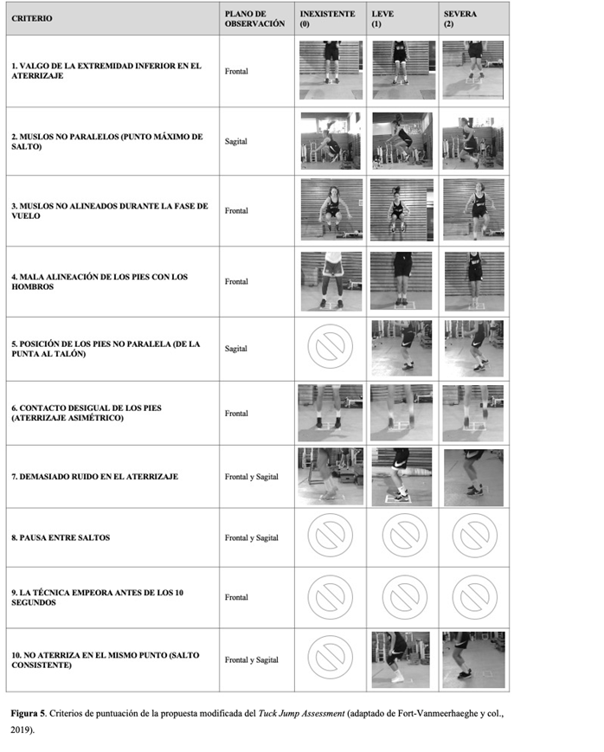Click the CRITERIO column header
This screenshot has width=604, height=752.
coord(32,19)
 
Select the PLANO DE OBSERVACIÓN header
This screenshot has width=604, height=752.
coord(254,19)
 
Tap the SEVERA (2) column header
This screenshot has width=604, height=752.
coord(460,19)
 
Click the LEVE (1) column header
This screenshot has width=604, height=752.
coord(382,19)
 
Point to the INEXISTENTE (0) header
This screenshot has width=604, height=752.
coord(328,19)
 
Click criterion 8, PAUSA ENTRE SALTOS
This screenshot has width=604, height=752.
coord(61,537)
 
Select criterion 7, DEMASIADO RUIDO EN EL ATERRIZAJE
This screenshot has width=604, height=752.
coord(95,477)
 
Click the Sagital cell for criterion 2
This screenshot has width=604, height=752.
coord(236,141)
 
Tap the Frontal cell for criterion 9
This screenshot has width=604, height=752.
coord(236,597)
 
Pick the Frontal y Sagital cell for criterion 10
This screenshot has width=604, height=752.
coord(252,660)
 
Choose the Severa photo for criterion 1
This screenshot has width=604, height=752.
coord(473,70)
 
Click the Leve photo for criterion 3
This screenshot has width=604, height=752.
coord(402,209)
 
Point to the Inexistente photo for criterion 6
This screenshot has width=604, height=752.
coord(330,413)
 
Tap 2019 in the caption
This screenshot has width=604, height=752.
coord(20,730)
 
